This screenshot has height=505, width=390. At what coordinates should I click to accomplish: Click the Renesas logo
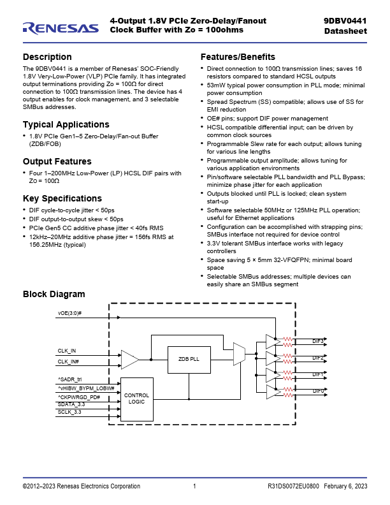click(x=61, y=27)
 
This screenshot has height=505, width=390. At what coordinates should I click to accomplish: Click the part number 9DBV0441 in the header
click(x=345, y=21)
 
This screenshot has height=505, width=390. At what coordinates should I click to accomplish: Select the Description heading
click(x=47, y=57)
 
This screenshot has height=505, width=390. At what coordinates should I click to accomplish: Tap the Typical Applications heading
click(x=66, y=124)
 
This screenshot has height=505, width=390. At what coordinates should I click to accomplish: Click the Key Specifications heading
click(x=62, y=198)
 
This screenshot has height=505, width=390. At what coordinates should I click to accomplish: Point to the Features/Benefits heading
click(x=238, y=57)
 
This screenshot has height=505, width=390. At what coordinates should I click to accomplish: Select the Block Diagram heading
click(x=54, y=294)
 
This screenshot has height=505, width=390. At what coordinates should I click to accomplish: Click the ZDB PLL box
click(x=189, y=359)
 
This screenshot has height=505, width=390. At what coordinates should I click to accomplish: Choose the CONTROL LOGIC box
click(x=137, y=399)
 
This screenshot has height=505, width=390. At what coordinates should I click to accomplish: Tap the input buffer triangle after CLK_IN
click(x=129, y=359)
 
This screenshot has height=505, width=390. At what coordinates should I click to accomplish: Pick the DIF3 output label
click(x=318, y=341)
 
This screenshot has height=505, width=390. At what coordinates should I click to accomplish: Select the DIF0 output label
click(x=318, y=391)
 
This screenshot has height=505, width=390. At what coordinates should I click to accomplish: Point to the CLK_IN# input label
click(x=68, y=362)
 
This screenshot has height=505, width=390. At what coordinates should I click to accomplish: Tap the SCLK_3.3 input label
click(x=69, y=413)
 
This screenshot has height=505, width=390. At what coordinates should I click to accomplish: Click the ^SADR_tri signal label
click(x=69, y=379)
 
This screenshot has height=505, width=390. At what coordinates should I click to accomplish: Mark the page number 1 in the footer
click(x=194, y=487)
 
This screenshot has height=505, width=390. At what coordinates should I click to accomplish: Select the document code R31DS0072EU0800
click(x=293, y=487)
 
